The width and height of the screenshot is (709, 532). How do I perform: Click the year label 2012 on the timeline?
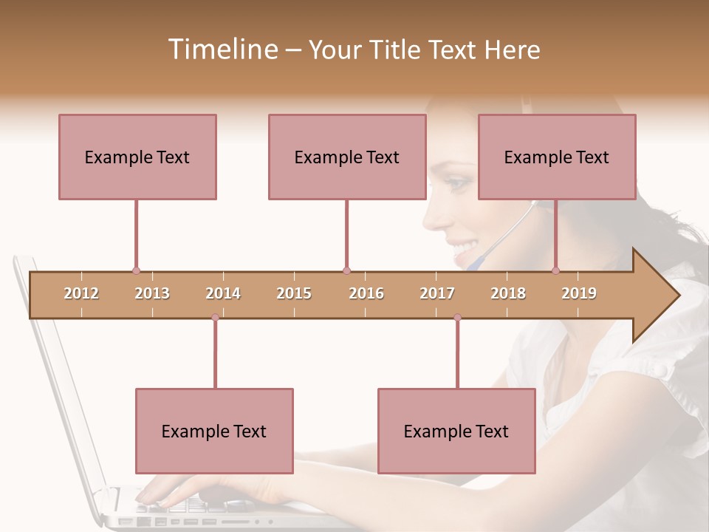click(x=81, y=293)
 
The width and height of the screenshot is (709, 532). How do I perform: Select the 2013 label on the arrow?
click(x=152, y=293)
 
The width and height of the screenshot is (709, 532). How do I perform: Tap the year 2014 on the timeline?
click(x=223, y=293)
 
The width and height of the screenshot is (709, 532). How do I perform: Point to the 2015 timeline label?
click(x=294, y=293)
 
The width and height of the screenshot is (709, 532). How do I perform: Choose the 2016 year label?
click(x=366, y=293)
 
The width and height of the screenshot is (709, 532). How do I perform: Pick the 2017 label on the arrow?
click(x=437, y=293)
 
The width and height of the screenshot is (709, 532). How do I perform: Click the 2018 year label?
click(x=508, y=293)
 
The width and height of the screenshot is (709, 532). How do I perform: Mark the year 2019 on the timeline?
click(x=579, y=293)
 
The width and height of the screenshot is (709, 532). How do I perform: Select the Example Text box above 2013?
click(x=137, y=157)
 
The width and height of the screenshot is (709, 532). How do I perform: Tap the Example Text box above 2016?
click(x=347, y=157)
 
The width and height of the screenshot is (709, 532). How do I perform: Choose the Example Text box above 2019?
click(x=557, y=157)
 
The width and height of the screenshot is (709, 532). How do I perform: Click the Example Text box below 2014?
click(x=214, y=431)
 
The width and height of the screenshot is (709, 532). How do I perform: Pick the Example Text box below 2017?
click(x=456, y=431)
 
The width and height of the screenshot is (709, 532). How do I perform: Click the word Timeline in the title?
click(x=222, y=50)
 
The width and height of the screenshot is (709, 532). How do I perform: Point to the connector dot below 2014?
click(x=215, y=318)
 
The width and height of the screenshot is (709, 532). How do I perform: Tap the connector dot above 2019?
click(x=555, y=270)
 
